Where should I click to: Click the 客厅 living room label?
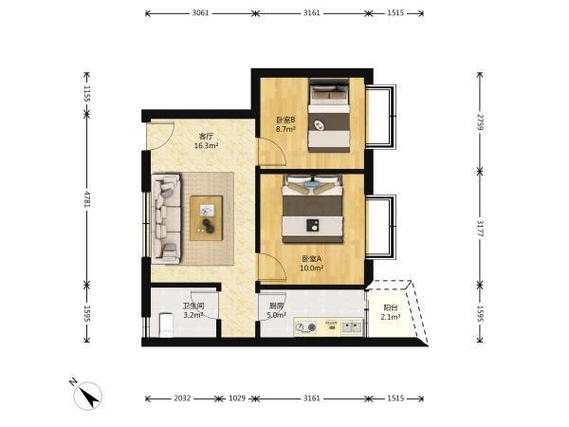click(x=206, y=137)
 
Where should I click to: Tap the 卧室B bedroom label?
click(x=285, y=120)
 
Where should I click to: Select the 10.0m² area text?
click(x=312, y=269)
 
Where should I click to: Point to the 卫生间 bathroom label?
click(x=193, y=306)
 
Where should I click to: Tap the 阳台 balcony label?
click(x=391, y=307)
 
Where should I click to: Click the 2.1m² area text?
click(x=391, y=317)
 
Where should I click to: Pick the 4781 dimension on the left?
click(x=86, y=198)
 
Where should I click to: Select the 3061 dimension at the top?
click(x=200, y=13)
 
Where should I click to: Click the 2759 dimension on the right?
click(x=480, y=122)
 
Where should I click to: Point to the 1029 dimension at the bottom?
click(x=237, y=399)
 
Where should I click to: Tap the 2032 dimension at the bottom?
click(x=182, y=399)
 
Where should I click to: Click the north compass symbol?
click(x=88, y=396)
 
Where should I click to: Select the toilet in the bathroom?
click(x=167, y=325)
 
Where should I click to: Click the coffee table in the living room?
click(x=207, y=218)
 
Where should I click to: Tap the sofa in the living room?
click(x=166, y=219)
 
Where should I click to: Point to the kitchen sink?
click(x=352, y=327)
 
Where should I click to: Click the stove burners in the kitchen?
click(x=305, y=327)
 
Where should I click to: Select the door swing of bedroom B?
click(x=272, y=152)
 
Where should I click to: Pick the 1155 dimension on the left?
click(x=86, y=93)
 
